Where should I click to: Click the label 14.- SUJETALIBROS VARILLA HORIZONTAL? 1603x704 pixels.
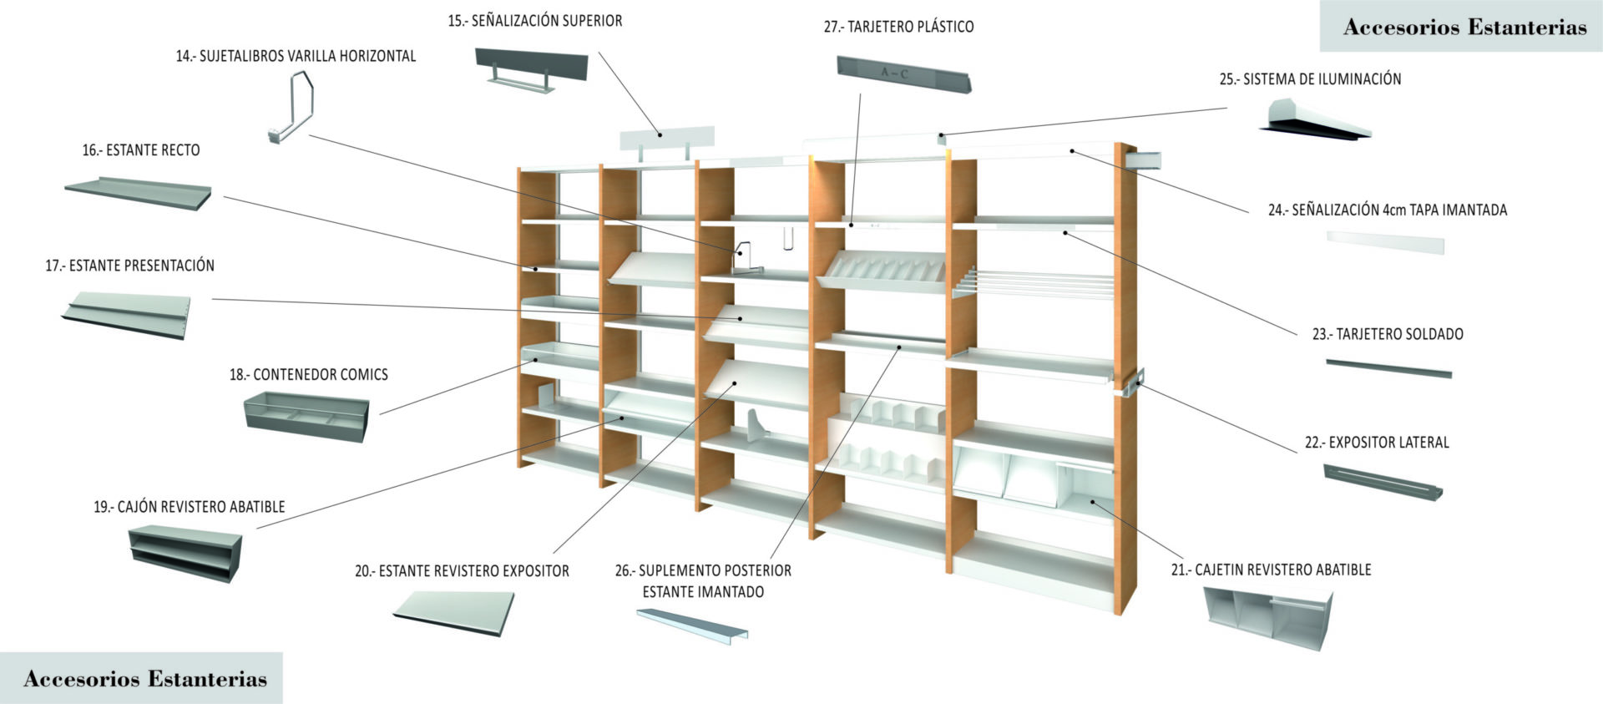tap(296, 56)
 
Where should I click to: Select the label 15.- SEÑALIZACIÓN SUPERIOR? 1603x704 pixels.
tap(534, 21)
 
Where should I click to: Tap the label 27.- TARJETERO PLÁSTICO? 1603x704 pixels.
tap(898, 27)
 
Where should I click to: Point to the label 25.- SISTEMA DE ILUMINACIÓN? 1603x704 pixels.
tap(1310, 79)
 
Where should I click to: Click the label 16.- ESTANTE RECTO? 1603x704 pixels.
tap(141, 150)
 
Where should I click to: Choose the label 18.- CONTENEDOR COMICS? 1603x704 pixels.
tap(309, 375)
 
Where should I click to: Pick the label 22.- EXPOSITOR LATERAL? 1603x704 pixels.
tap(1377, 443)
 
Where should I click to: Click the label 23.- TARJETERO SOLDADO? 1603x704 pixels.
tap(1388, 334)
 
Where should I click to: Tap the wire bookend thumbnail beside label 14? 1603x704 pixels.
tap(291, 109)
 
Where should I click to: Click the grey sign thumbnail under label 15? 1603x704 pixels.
tap(532, 68)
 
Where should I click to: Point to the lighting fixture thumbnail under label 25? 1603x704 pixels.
tap(1315, 119)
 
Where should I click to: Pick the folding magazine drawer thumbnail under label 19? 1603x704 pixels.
tap(185, 552)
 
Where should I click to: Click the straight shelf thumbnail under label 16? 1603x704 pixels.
tap(138, 192)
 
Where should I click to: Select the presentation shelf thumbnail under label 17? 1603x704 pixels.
tap(127, 314)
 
